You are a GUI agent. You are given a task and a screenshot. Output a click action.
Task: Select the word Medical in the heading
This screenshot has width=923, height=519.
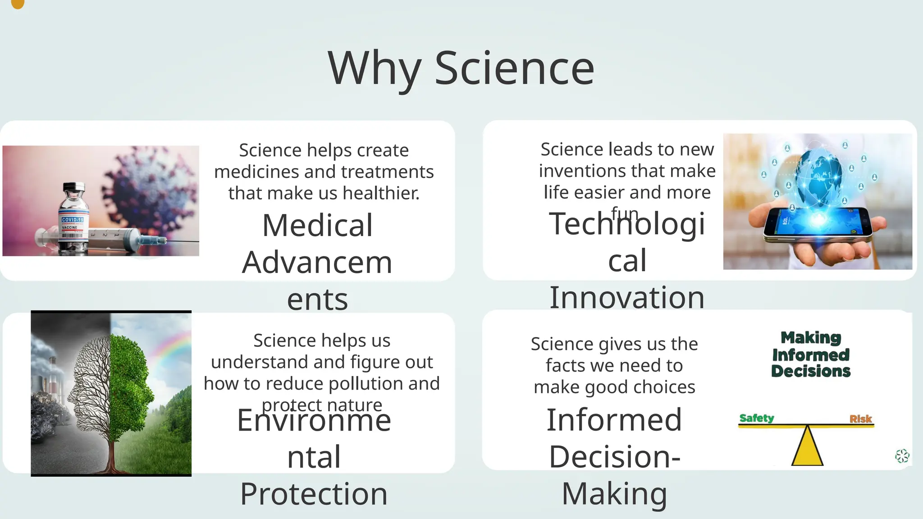pyautogui.click(x=317, y=225)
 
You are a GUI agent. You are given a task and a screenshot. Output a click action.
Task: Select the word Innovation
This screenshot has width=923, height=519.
pyautogui.click(x=626, y=297)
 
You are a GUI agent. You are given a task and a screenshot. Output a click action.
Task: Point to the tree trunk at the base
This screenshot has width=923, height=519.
pyautogui.click(x=111, y=460)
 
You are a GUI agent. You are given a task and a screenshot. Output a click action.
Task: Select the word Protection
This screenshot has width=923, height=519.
pyautogui.click(x=314, y=494)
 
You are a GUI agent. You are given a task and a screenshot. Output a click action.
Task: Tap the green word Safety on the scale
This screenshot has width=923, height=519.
pyautogui.click(x=756, y=418)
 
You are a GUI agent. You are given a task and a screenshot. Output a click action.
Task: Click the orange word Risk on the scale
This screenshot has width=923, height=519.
pyautogui.click(x=860, y=419)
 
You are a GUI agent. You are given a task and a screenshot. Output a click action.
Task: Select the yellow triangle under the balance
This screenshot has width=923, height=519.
pyautogui.click(x=807, y=448)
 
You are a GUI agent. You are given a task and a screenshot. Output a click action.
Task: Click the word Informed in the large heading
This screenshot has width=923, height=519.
pyautogui.click(x=614, y=420)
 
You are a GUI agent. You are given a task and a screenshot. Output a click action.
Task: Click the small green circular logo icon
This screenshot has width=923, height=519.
pyautogui.click(x=902, y=456)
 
